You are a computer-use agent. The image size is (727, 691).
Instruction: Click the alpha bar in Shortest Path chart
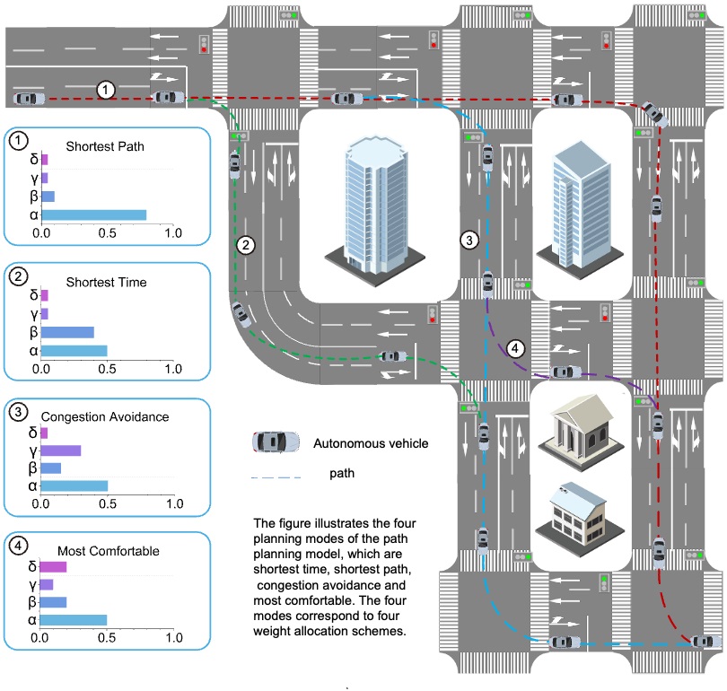pyautogui.click(x=93, y=214)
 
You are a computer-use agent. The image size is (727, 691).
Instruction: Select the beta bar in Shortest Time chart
pyautogui.click(x=67, y=332)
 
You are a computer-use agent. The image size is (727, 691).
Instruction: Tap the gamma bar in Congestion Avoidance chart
pyautogui.click(x=61, y=450)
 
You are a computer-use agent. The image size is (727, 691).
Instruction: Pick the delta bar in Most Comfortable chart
pyautogui.click(x=54, y=567)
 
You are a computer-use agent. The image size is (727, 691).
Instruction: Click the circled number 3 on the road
pyautogui.click(x=468, y=240)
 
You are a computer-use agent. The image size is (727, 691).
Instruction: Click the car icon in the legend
pyautogui.click(x=277, y=442)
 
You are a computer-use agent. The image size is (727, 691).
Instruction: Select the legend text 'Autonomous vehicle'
pyautogui.click(x=370, y=442)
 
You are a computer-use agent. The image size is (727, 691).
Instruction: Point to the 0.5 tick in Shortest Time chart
pyautogui.click(x=107, y=369)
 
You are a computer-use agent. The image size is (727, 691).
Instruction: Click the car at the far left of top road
pyautogui.click(x=28, y=99)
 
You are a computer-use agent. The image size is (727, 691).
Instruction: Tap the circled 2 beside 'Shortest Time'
pyautogui.click(x=17, y=277)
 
